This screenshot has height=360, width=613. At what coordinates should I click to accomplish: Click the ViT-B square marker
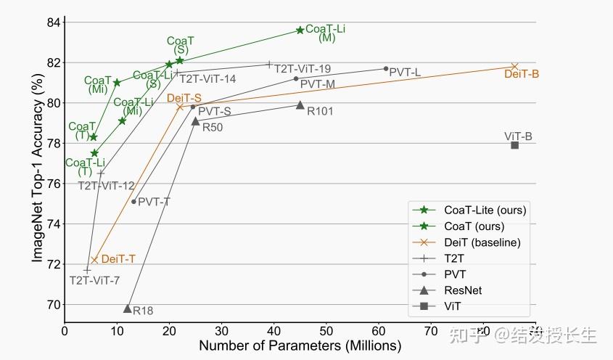514,145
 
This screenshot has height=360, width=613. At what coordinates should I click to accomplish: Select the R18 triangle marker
128,308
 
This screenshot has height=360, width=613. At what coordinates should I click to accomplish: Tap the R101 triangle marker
300,105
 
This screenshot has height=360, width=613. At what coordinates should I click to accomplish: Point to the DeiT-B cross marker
515,67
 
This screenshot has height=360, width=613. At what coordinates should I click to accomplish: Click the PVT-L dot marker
385,69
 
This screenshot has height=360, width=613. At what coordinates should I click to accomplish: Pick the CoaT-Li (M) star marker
300,30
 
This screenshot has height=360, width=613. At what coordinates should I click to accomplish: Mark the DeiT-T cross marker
94,260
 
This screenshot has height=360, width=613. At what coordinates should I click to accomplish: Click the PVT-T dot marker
133,202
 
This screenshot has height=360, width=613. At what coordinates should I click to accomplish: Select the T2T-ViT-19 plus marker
269,65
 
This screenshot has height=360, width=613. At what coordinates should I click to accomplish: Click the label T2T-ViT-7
94,280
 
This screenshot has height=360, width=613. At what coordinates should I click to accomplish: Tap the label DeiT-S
184,98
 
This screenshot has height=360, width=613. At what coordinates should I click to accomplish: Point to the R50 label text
213,127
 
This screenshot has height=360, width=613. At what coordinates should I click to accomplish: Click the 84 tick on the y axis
52,22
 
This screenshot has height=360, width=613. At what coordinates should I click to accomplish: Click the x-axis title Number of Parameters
300,345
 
